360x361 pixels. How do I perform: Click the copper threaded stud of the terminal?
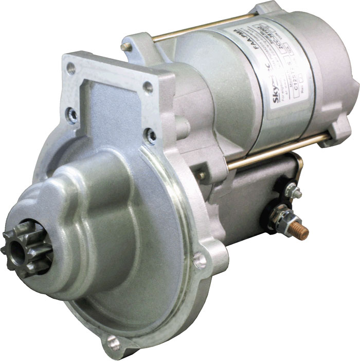point(299,230)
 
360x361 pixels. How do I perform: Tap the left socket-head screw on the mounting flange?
point(73,115)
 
